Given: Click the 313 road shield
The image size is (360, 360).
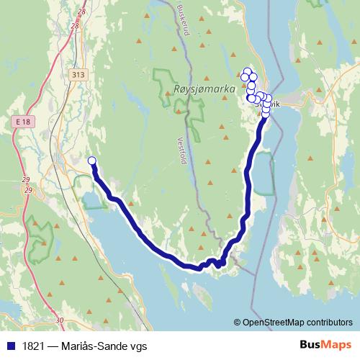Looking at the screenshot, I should pyautogui.click(x=78, y=74).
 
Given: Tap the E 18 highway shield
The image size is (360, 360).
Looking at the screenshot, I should pyautogui.click(x=22, y=124).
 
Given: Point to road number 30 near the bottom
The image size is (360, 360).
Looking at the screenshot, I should pyautogui.click(x=59, y=320).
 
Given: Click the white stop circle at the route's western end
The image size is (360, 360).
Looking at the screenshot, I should pyautogui.click(x=91, y=161).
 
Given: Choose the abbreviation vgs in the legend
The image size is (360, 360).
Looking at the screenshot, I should pyautogui.click(x=138, y=346).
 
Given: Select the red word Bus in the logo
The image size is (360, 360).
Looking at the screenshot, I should pyautogui.click(x=310, y=346).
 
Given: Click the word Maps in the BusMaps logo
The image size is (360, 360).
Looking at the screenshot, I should pyautogui.click(x=336, y=346).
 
